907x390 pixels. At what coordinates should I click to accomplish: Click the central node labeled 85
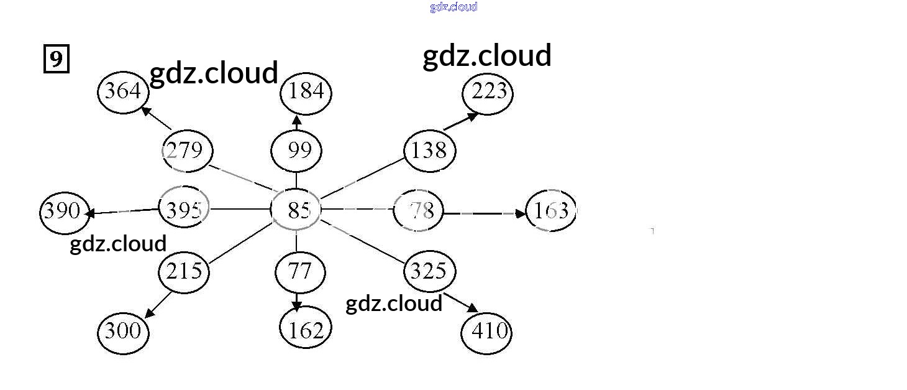[x=296, y=211]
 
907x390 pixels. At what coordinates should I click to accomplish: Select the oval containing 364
[x=124, y=92]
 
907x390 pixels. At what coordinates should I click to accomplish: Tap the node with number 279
[x=186, y=151]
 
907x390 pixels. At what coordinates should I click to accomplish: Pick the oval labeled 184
[x=306, y=92]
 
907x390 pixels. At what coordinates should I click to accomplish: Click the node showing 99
[x=296, y=151]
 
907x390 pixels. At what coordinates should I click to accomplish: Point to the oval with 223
[x=488, y=93]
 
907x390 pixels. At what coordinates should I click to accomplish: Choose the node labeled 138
[x=429, y=151]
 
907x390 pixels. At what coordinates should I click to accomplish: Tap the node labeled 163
[x=550, y=211]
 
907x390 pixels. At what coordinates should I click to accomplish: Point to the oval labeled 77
[x=300, y=272]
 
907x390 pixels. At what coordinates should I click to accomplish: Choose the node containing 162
[x=306, y=330]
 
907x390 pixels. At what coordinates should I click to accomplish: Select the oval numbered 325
[x=429, y=271]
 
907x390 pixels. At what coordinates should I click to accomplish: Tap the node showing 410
[x=486, y=332]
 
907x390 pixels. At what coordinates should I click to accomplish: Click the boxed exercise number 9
[x=56, y=60]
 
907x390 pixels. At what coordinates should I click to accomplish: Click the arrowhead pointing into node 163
[x=521, y=214]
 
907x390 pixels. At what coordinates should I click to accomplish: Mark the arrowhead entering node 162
[x=297, y=305]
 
